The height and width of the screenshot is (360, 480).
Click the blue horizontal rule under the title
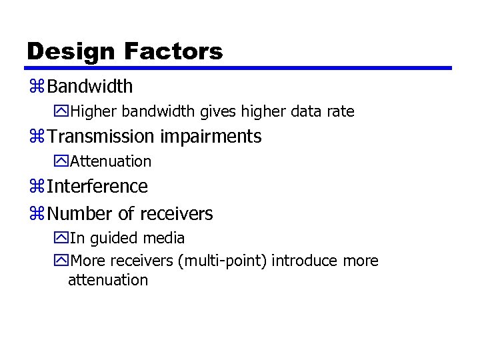pyautogui.click(x=238, y=68)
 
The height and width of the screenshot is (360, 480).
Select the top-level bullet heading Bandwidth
pyautogui.click(x=90, y=87)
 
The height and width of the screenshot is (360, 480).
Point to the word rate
pyautogui.click(x=340, y=111)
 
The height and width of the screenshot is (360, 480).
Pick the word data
pyautogui.click(x=305, y=111)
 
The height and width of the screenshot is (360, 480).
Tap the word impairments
pyautogui.click(x=210, y=137)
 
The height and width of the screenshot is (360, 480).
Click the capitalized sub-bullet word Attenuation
pyautogui.click(x=111, y=161)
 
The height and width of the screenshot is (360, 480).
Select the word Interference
pyautogui.click(x=97, y=186)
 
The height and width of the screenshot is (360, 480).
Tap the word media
pyautogui.click(x=165, y=238)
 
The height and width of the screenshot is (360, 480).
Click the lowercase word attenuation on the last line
pyautogui.click(x=108, y=280)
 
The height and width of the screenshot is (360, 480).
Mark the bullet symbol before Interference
pyautogui.click(x=36, y=187)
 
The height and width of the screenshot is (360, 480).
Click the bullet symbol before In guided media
pyautogui.click(x=62, y=239)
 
